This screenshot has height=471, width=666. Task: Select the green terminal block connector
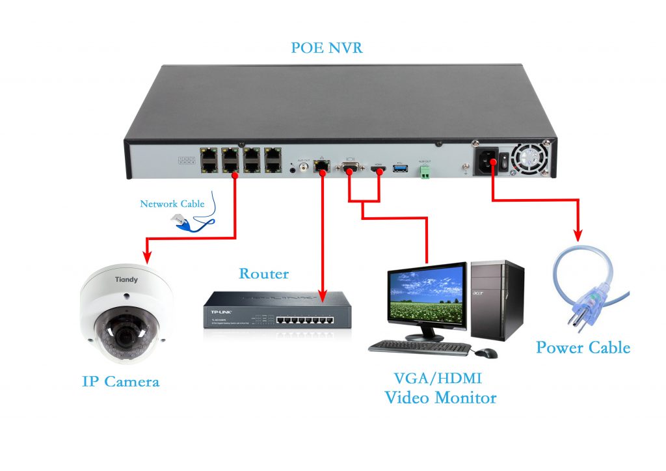[425, 172]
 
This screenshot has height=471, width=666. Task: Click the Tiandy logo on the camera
[126, 280]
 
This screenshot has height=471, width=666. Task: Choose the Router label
[263, 273]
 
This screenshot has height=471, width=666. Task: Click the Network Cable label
[172, 204]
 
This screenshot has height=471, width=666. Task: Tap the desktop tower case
[497, 299]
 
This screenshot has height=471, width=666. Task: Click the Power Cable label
[583, 347]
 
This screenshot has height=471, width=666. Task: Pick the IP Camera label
[121, 381]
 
